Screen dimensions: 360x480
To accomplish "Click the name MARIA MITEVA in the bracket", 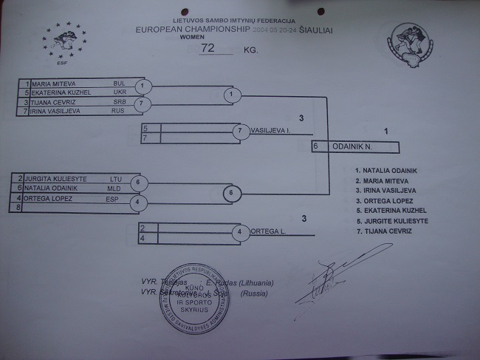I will pyautogui.click(x=56, y=84).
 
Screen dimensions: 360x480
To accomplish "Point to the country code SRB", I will pyautogui.click(x=120, y=101).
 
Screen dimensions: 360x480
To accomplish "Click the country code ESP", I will pyautogui.click(x=112, y=197).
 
